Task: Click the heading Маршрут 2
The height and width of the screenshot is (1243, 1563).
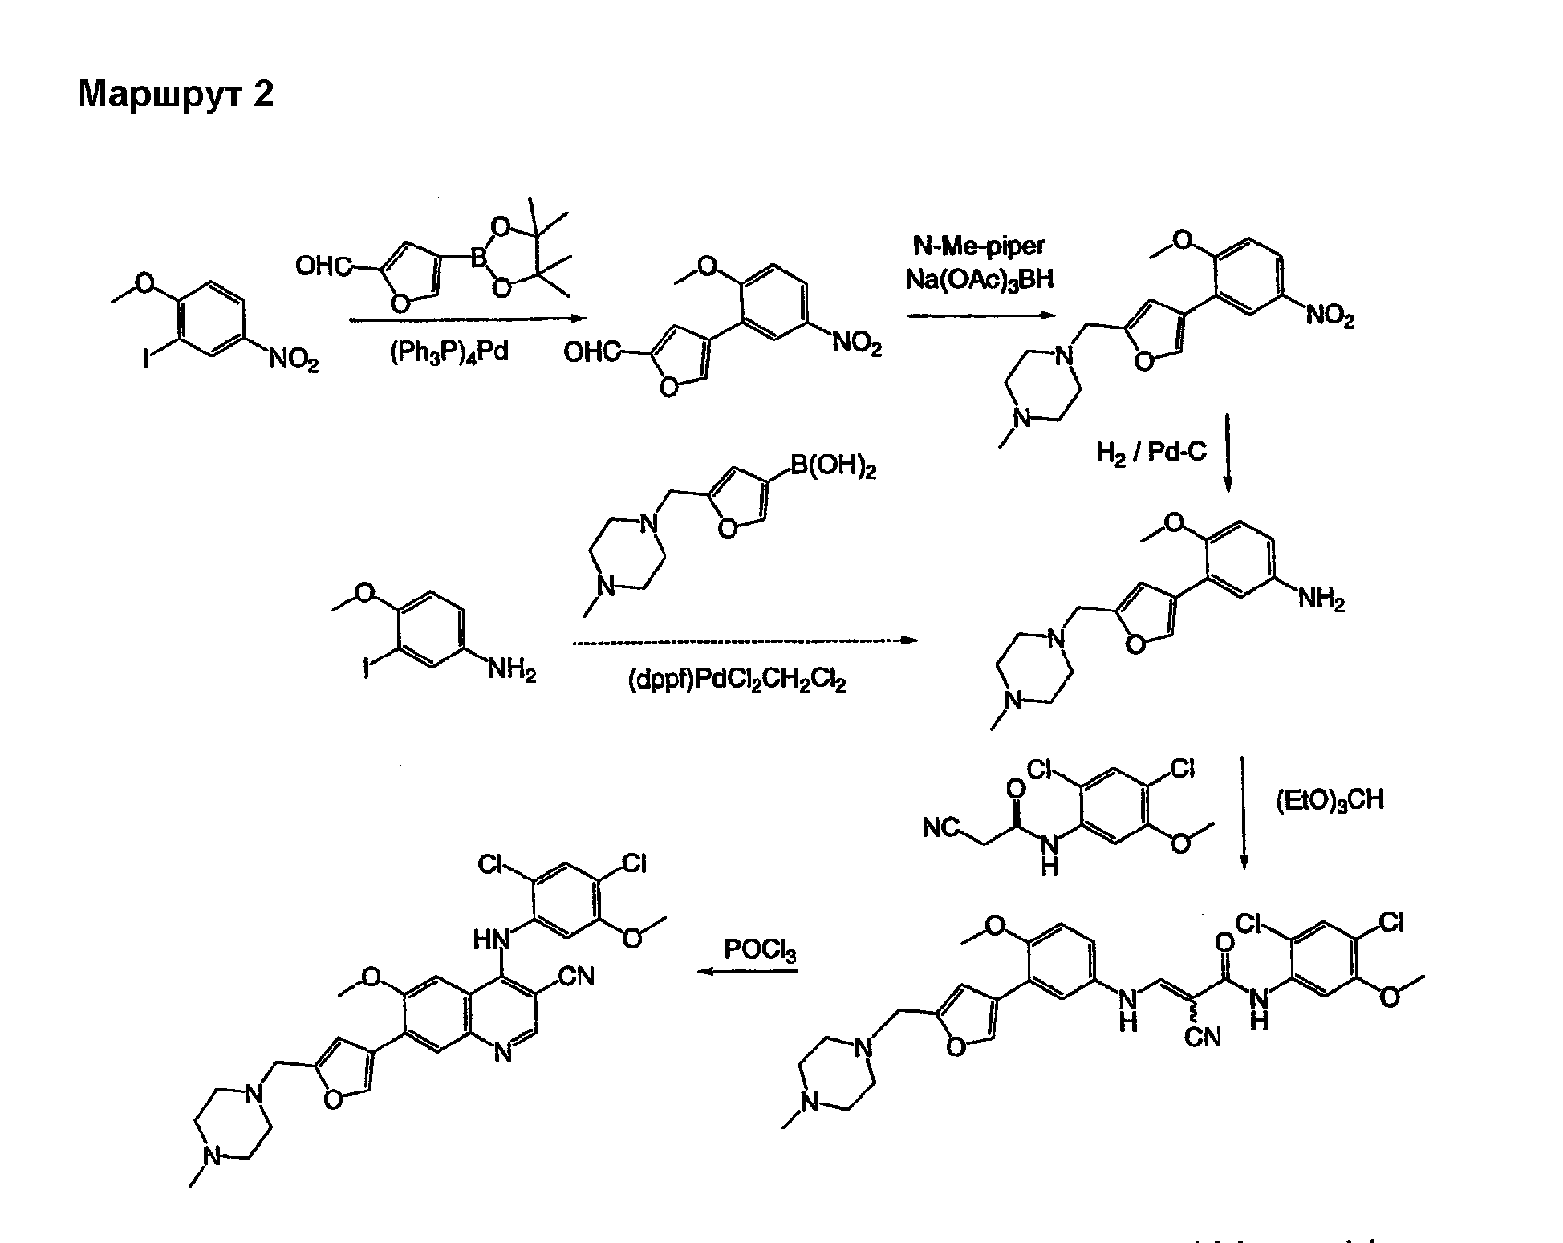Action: point(176,95)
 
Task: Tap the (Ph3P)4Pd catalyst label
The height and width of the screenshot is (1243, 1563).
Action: point(449,353)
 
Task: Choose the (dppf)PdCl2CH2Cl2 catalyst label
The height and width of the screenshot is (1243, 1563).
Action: point(737,681)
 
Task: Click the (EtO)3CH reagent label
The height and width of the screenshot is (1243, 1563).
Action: point(1330,801)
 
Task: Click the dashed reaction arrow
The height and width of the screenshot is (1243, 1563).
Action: point(745,640)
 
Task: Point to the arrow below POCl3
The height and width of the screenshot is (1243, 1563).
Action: point(748,972)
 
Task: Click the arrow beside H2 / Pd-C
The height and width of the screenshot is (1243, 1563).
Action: point(1227,453)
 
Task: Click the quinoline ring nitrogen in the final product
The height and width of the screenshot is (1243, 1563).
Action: point(503,1053)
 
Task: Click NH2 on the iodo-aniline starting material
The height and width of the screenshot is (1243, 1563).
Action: point(511,668)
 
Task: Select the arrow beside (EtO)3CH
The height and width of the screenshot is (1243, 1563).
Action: point(1243,812)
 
